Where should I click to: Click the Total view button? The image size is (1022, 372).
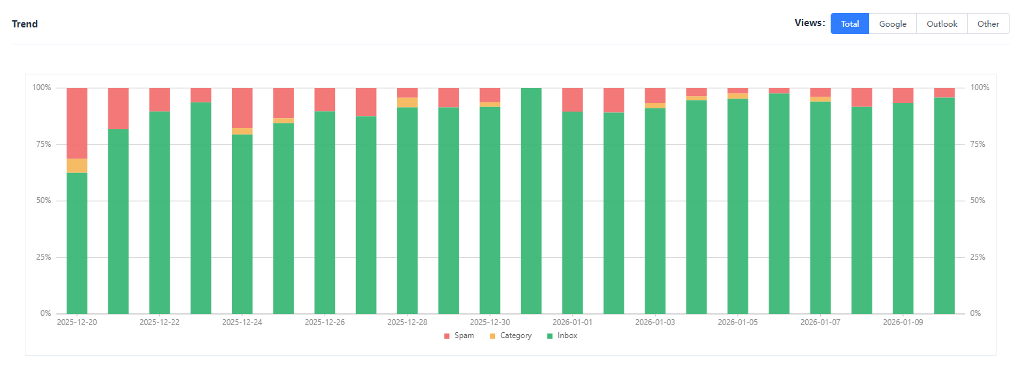850,23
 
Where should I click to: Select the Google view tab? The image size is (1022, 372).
893,23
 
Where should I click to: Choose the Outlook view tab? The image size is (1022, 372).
942,23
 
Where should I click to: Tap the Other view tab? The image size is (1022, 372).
988,23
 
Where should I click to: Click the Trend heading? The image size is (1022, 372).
25,24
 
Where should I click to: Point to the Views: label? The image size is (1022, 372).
810,23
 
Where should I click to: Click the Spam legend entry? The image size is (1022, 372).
459,335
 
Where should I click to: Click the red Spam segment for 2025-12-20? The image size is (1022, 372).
77,123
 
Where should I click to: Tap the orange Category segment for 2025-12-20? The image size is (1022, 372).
77,166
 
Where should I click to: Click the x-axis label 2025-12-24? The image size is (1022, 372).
242,322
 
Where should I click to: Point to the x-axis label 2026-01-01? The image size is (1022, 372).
573,322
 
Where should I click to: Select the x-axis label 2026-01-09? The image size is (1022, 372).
903,322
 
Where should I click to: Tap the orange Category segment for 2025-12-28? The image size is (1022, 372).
407,102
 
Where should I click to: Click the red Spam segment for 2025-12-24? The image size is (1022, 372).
242,108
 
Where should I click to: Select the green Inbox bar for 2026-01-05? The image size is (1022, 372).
738,206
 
